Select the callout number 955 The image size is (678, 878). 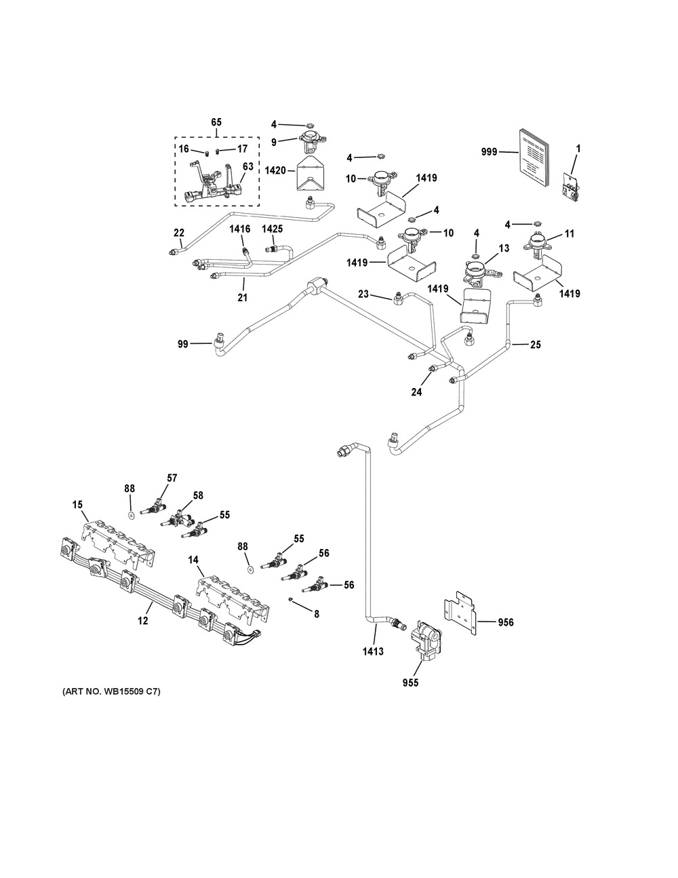[x=410, y=683]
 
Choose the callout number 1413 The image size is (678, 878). [x=372, y=652]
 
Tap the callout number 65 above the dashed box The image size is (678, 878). [x=216, y=122]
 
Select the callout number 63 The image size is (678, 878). [x=248, y=166]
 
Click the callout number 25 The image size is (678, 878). [x=536, y=345]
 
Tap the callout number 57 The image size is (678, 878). [x=172, y=478]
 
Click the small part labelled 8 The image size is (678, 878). [x=290, y=599]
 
